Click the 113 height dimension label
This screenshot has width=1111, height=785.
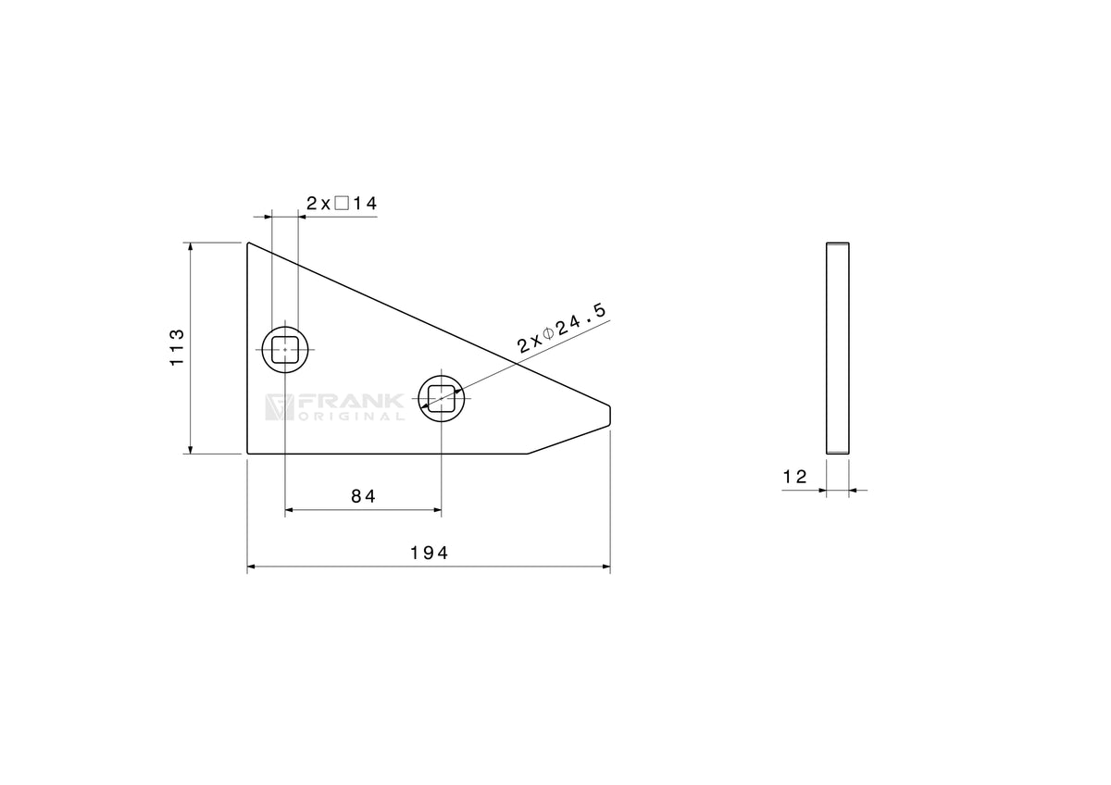177,347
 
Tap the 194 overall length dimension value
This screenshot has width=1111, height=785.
430,553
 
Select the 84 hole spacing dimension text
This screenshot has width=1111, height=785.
364,496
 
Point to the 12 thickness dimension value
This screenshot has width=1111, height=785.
795,477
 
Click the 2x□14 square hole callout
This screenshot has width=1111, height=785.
342,204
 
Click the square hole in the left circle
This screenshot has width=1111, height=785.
285,350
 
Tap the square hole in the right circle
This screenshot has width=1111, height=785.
442,398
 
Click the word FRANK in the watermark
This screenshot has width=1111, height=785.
351,402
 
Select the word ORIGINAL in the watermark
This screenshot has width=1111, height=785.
351,417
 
